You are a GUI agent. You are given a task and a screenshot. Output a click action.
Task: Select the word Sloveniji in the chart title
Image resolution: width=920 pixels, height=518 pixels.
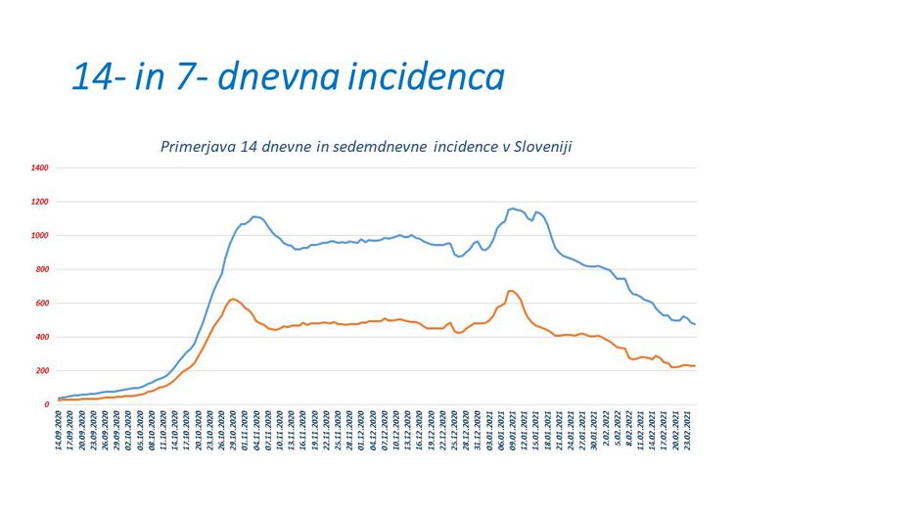(x=537, y=146)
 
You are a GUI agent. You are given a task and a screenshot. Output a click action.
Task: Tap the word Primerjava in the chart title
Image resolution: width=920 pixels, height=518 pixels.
(x=197, y=146)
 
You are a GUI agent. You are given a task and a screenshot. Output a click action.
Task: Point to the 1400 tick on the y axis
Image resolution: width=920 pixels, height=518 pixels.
(x=40, y=168)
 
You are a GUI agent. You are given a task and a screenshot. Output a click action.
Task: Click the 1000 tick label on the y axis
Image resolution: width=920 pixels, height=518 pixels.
(x=40, y=236)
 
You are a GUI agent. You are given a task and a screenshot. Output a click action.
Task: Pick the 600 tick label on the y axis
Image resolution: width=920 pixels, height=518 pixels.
(x=41, y=304)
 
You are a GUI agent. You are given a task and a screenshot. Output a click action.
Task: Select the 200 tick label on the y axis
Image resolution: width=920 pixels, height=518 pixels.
(x=41, y=371)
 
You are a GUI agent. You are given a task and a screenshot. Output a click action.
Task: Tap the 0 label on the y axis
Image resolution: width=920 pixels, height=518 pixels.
(x=46, y=404)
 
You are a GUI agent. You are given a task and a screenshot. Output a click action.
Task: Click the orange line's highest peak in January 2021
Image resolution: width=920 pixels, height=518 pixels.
(x=511, y=290)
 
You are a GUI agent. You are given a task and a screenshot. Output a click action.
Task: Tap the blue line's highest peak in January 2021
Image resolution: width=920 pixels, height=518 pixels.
(x=513, y=208)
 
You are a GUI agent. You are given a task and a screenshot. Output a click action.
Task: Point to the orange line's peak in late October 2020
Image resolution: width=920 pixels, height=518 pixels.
(x=233, y=299)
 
